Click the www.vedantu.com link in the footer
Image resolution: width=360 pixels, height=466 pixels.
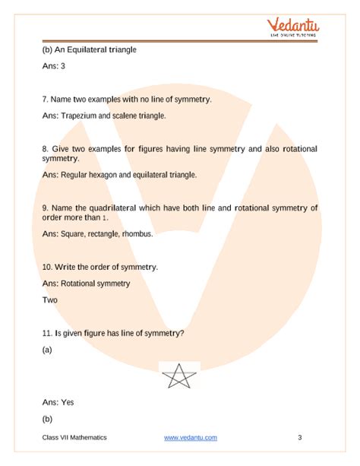click(x=191, y=438)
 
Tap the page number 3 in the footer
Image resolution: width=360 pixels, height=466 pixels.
click(x=300, y=438)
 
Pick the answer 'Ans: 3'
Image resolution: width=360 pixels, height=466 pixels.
click(x=55, y=66)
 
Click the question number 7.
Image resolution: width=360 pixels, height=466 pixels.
click(x=46, y=100)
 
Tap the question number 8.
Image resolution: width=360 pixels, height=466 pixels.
click(x=46, y=147)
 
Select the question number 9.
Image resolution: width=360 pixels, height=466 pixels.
click(x=46, y=207)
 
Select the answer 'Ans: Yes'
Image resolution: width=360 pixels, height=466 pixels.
click(x=58, y=401)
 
